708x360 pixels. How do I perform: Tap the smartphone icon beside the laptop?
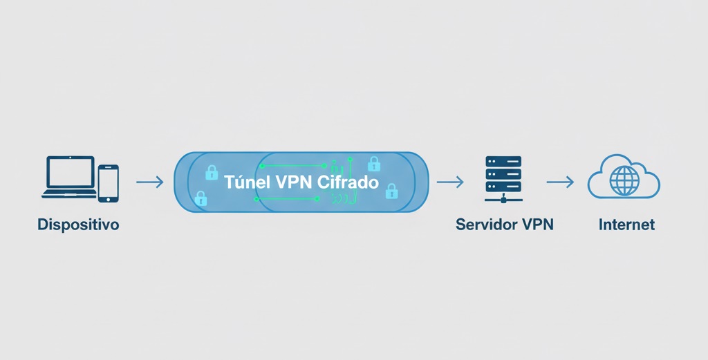coord(108,183)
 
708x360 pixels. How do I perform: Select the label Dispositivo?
coord(77,225)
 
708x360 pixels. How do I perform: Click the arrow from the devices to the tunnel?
coord(149,182)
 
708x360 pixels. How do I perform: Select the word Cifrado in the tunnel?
coord(348,182)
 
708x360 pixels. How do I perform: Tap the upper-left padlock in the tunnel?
coord(212,172)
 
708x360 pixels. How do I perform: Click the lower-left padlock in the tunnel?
coord(201,199)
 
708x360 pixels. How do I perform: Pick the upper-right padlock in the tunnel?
coord(374,164)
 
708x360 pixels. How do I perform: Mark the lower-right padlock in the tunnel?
coord(391,190)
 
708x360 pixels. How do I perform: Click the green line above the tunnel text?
coord(290,166)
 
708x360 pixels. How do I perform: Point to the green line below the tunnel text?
coord(287,199)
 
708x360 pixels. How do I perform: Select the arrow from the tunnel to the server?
coord(450,182)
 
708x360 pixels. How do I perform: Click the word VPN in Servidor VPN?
coord(538,225)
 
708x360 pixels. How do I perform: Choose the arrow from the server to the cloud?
coord(560,182)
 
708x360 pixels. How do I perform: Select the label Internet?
coord(626,225)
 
